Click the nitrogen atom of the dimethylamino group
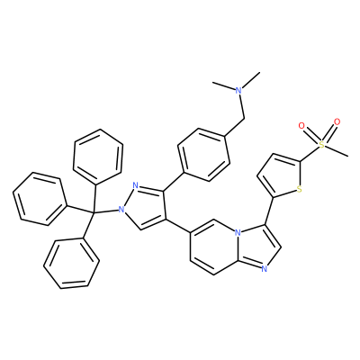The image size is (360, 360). click(238, 90)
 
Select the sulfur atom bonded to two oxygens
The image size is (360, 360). click(321, 145)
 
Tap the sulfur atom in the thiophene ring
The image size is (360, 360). click(299, 189)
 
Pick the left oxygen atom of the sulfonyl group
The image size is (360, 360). click(301, 125)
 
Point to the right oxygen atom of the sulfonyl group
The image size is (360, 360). click(337, 121)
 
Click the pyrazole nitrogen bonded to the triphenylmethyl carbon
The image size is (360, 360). click(121, 209)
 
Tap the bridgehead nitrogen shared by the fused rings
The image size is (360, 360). click(238, 232)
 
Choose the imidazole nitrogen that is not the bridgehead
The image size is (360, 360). click(264, 269)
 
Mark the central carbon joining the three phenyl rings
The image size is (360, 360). click(93, 212)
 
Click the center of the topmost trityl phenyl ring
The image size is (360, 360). click(98, 157)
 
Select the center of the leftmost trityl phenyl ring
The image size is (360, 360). click(39, 199)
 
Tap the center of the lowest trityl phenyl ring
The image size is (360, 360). click(71, 264)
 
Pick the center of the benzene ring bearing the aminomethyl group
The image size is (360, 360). click(203, 155)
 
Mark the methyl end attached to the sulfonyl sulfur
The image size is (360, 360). click(347, 156)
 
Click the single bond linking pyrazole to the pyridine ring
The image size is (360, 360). click(178, 226)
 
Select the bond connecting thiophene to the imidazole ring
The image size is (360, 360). click(269, 211)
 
